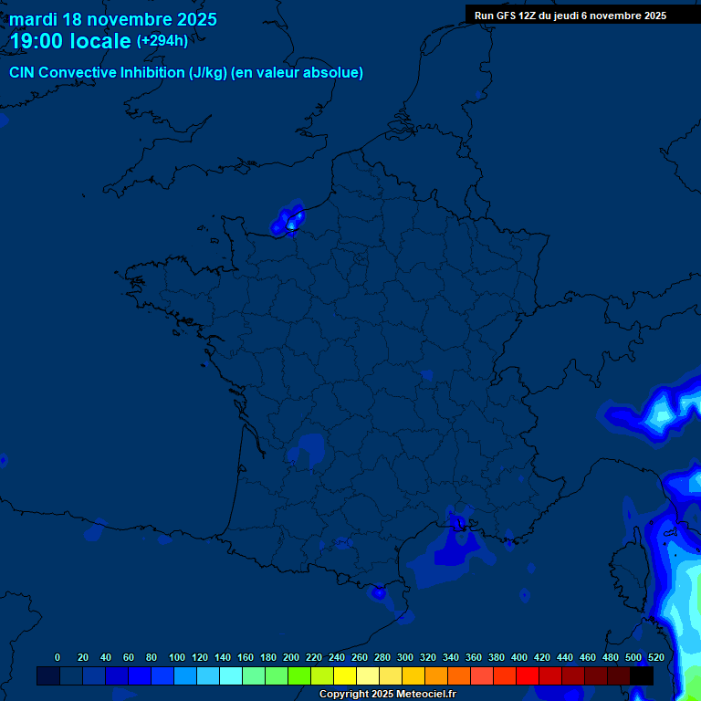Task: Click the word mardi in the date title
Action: click(34, 19)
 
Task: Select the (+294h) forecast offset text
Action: click(162, 40)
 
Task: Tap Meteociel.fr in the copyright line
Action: click(425, 695)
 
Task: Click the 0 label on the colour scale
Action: click(58, 657)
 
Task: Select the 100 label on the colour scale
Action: click(177, 657)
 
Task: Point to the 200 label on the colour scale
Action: click(291, 657)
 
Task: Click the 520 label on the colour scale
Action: click(655, 657)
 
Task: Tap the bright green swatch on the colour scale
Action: click(299, 675)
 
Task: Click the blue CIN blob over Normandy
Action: click(288, 221)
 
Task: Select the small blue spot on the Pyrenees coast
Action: click(379, 592)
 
